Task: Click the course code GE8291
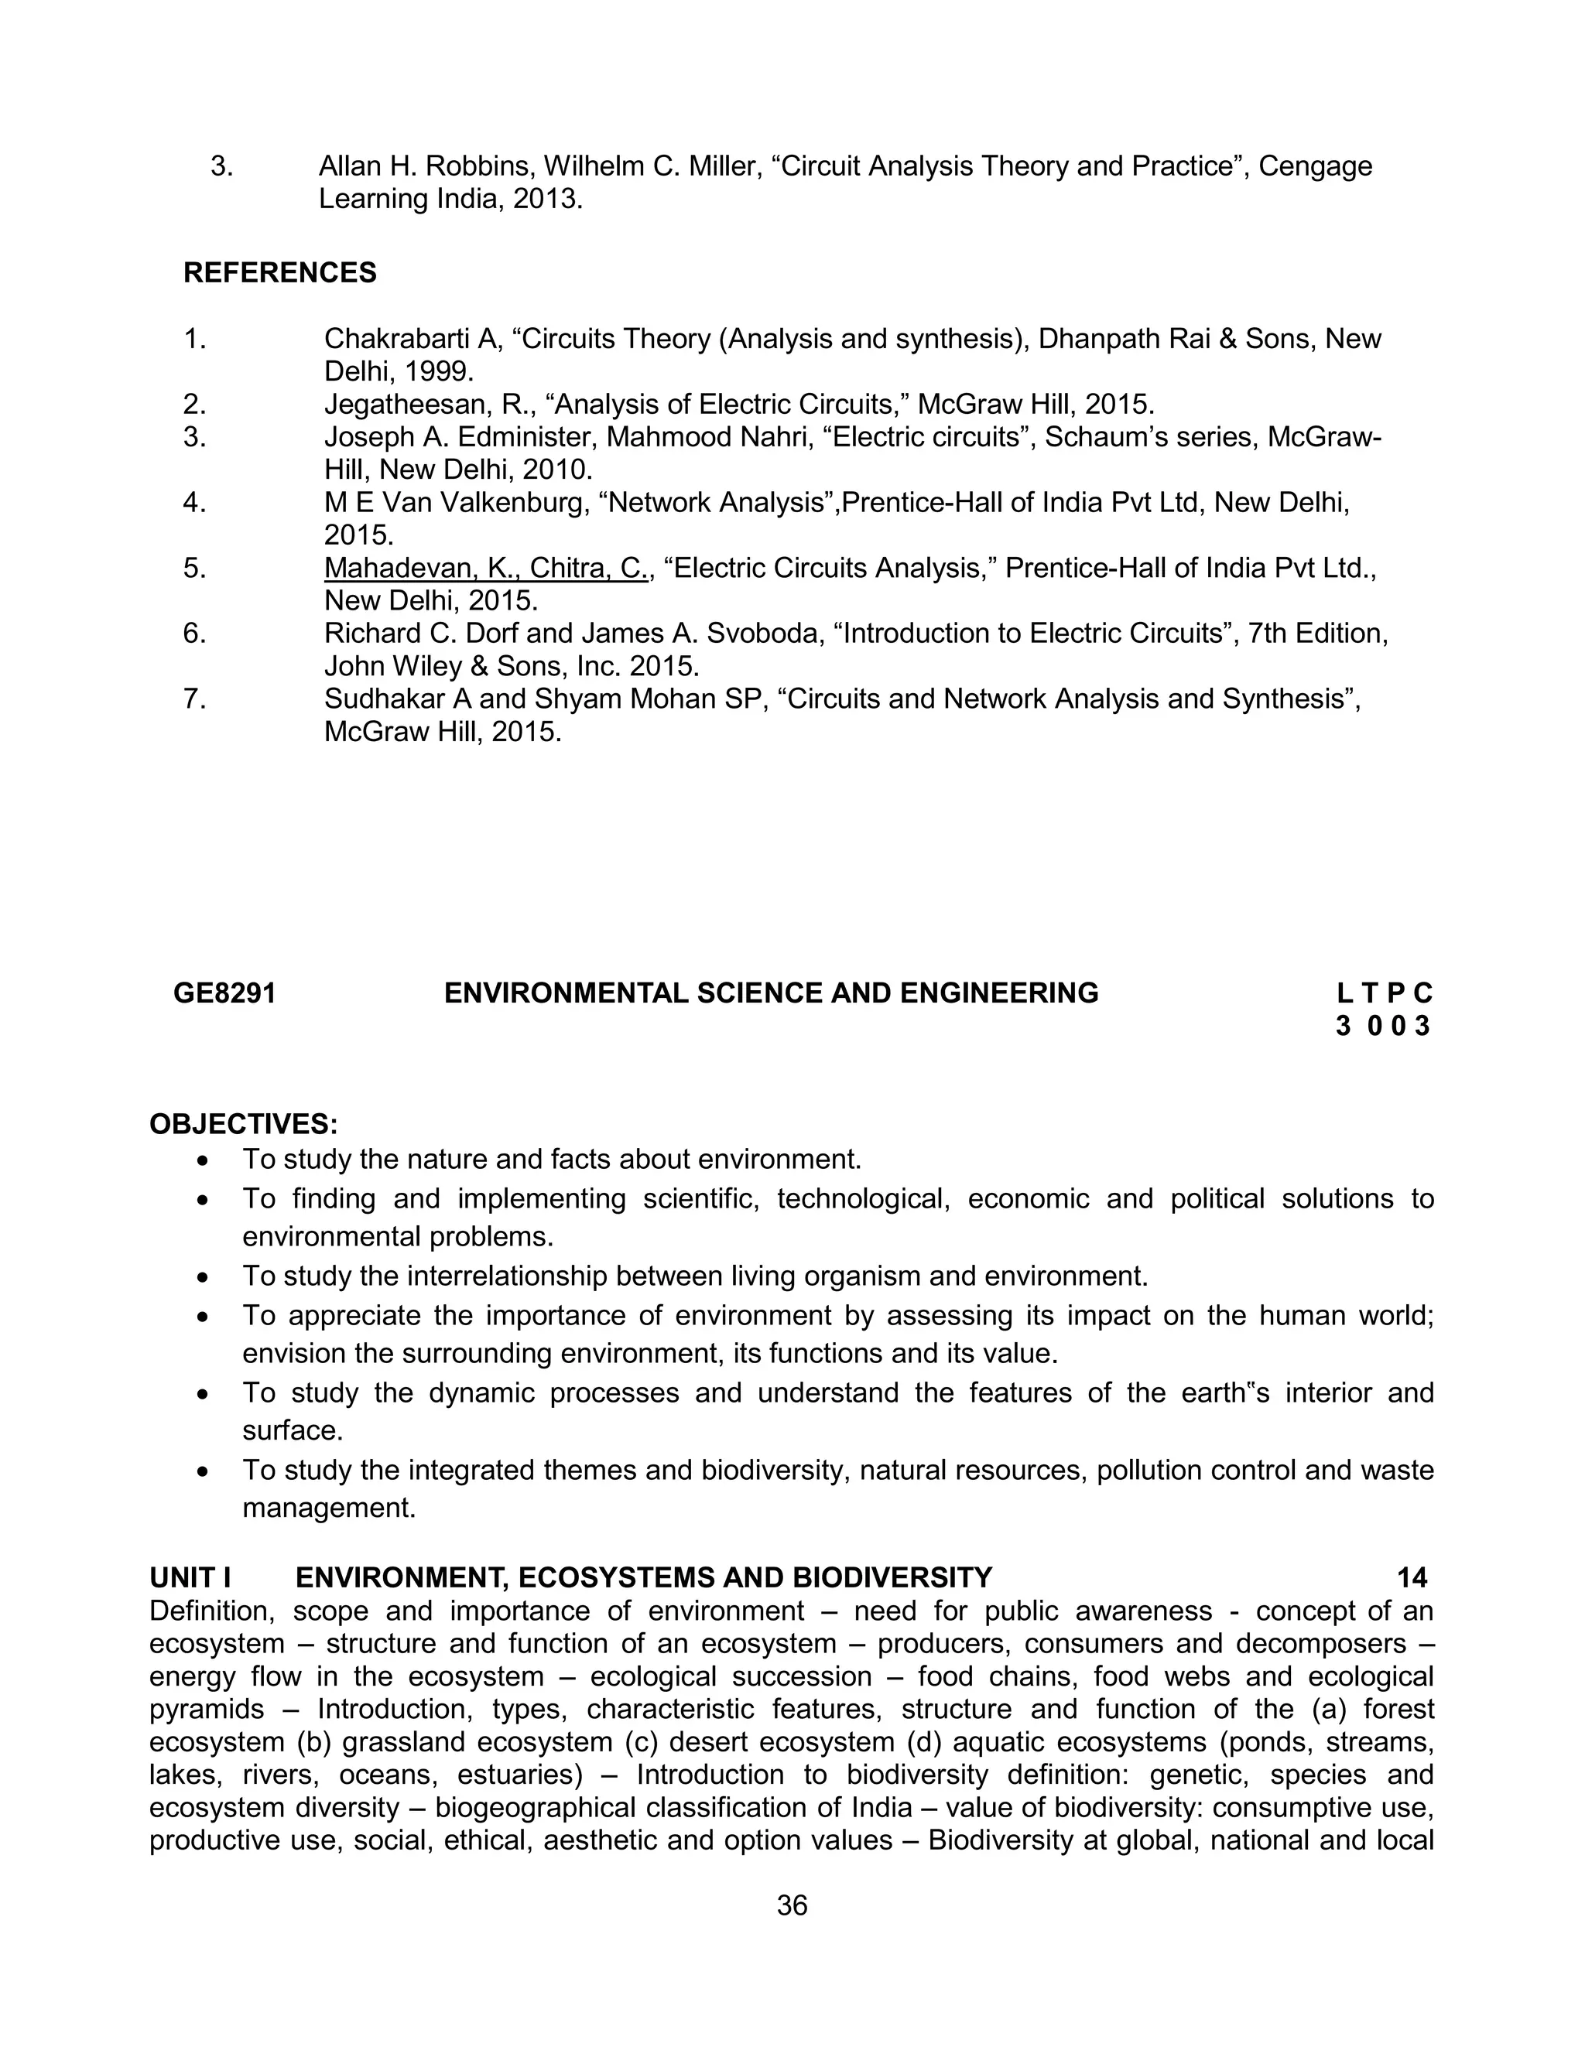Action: tap(224, 993)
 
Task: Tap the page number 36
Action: tap(792, 1905)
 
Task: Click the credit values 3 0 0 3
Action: tap(1382, 1026)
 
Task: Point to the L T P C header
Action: tap(1384, 993)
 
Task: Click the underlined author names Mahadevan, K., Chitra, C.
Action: tap(485, 568)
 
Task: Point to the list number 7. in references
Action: tap(194, 699)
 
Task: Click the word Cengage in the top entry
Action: tap(1315, 167)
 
